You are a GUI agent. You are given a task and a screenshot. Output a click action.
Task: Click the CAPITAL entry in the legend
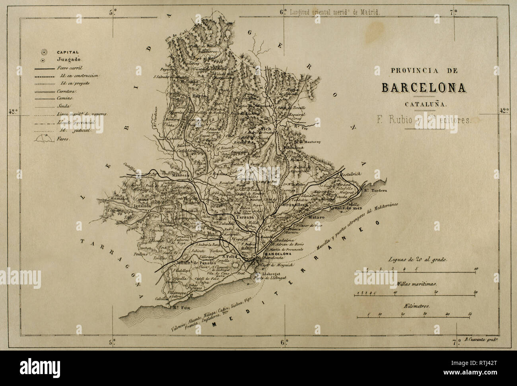click(x=68, y=52)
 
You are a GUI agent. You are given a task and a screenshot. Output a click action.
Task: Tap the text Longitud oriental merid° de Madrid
click(x=335, y=12)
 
